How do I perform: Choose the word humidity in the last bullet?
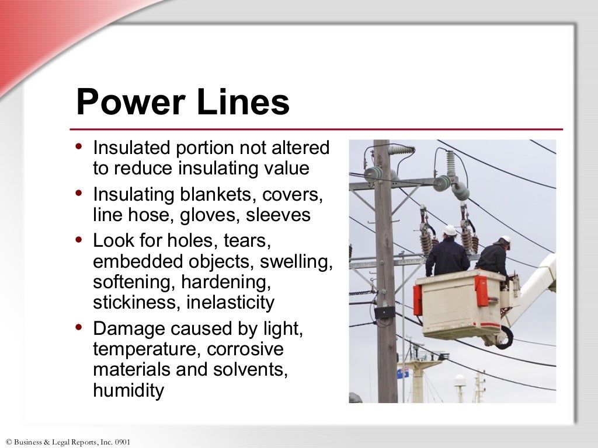coord(128,391)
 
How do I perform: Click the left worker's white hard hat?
coord(449,230)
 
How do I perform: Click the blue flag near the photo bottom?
coord(402,373)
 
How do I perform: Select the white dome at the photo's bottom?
coord(460,380)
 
